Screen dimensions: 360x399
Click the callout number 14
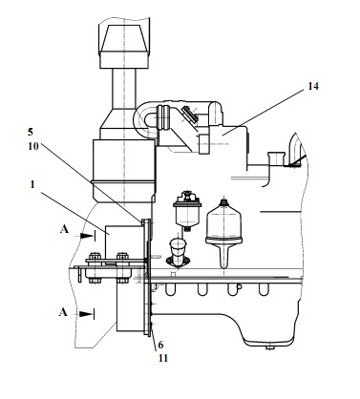coord(313,86)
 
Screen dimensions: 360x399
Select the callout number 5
coord(31,132)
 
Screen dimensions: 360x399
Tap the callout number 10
coord(32,146)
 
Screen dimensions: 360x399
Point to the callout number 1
coord(32,184)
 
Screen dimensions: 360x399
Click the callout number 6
coord(160,345)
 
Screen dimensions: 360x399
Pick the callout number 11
coord(162,358)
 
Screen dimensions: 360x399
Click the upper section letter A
coord(64,229)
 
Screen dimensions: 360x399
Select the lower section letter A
coord(63,312)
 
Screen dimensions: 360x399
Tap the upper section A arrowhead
coord(86,236)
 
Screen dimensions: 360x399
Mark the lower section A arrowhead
coord(86,314)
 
